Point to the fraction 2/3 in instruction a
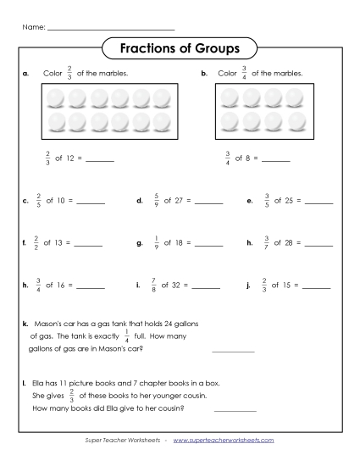coord(69,74)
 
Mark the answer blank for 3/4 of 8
coord(276,159)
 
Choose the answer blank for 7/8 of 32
coord(208,286)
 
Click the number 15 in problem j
coord(291,286)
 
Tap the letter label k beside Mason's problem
coord(25,324)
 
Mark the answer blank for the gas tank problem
coord(233,349)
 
